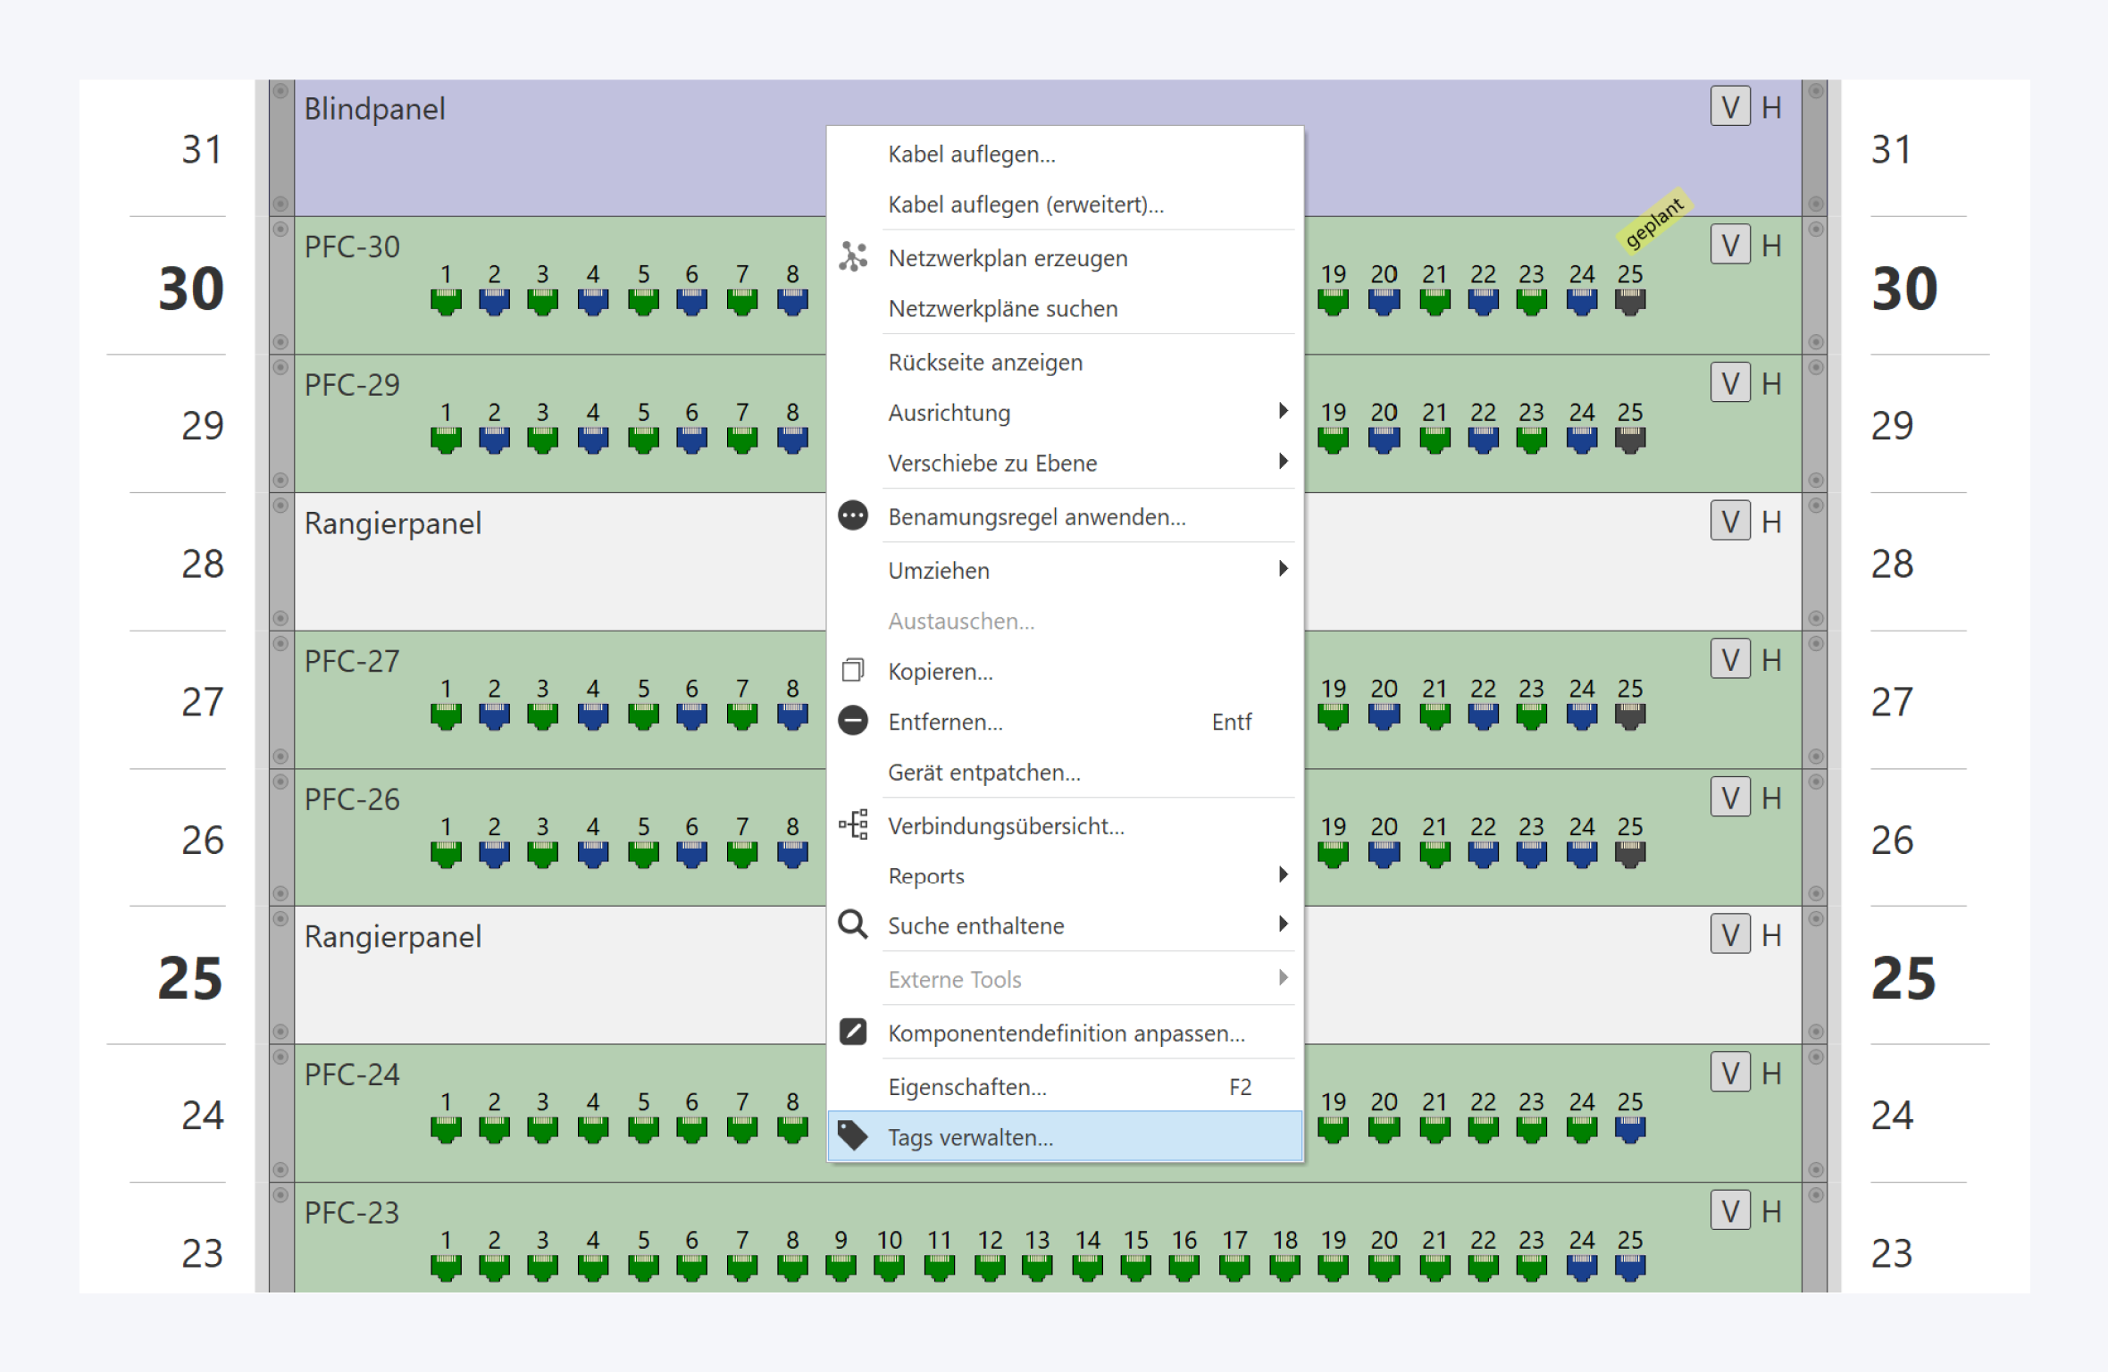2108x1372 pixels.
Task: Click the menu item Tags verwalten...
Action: pos(970,1137)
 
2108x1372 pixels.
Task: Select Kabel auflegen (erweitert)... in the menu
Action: pos(1025,205)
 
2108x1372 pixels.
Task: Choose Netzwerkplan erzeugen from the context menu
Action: pos(1008,258)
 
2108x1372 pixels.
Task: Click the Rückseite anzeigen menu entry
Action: pos(984,363)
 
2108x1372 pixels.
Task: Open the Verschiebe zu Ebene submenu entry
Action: pos(991,463)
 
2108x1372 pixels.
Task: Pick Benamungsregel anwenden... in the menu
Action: pos(1036,517)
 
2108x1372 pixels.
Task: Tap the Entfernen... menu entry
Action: pos(945,722)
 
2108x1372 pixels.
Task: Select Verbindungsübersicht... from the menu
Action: pos(1006,826)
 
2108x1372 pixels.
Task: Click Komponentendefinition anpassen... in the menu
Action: pos(1066,1033)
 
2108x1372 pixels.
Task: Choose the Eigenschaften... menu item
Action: pos(966,1087)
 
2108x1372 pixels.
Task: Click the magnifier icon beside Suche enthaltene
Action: pos(853,924)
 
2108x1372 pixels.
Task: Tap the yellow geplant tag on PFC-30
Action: pos(1653,220)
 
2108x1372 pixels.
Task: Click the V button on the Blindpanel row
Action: pos(1730,107)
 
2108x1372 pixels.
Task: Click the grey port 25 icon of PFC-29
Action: pos(1630,439)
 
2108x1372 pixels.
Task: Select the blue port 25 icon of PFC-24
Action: pos(1630,1130)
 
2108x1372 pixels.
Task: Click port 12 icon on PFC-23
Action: pos(990,1267)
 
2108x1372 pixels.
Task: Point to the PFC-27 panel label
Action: pos(352,662)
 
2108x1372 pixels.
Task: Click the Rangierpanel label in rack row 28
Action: pos(393,523)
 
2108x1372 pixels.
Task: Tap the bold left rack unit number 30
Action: pos(191,289)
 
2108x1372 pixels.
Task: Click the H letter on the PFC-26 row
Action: pos(1771,799)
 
